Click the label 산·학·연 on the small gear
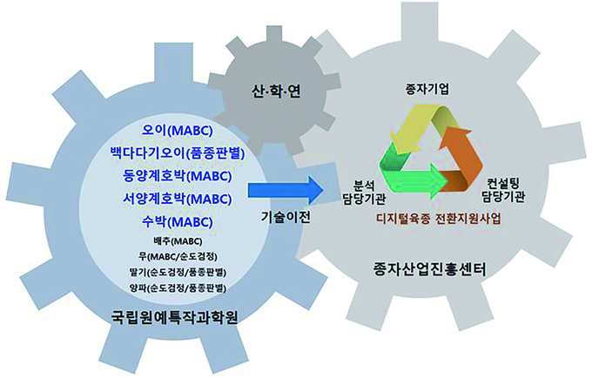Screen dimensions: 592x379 276,91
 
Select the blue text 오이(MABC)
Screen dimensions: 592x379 177,131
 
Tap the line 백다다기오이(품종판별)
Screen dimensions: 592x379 177,153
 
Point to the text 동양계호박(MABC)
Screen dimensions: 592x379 177,176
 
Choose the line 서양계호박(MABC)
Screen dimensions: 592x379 177,199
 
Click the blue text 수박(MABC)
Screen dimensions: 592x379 177,221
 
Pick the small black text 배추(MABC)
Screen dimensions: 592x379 177,241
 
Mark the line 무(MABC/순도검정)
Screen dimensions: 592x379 177,256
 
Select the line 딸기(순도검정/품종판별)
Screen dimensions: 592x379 177,272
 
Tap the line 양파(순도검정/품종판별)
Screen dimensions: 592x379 177,288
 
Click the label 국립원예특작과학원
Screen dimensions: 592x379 175,317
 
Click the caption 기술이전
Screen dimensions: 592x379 286,217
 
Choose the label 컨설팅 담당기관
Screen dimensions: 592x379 502,190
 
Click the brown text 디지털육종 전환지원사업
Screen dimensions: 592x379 438,219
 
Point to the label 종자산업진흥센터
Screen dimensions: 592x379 429,269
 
